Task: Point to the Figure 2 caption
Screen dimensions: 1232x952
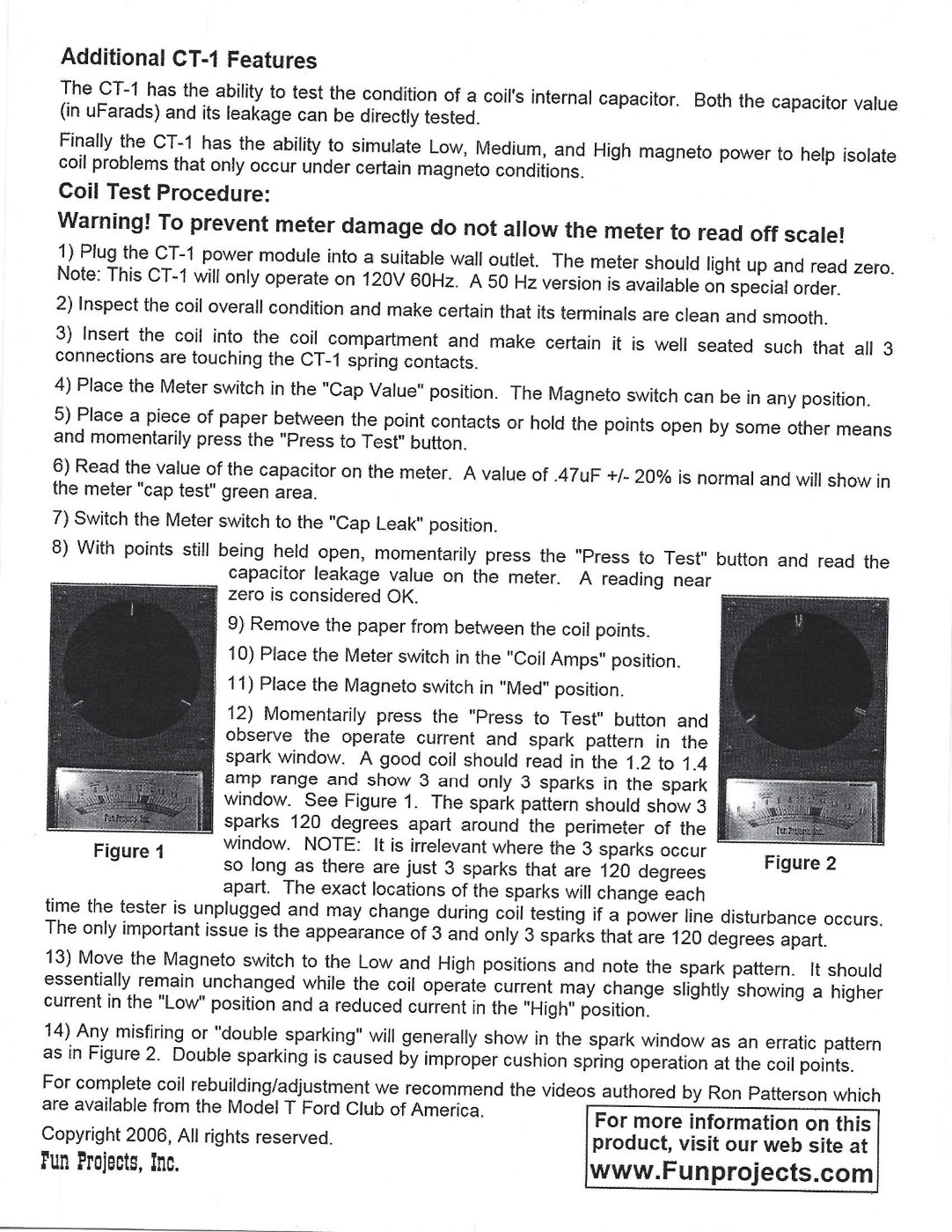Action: [800, 863]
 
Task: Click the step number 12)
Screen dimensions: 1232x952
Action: [242, 713]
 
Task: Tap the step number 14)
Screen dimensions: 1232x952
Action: [56, 1030]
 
